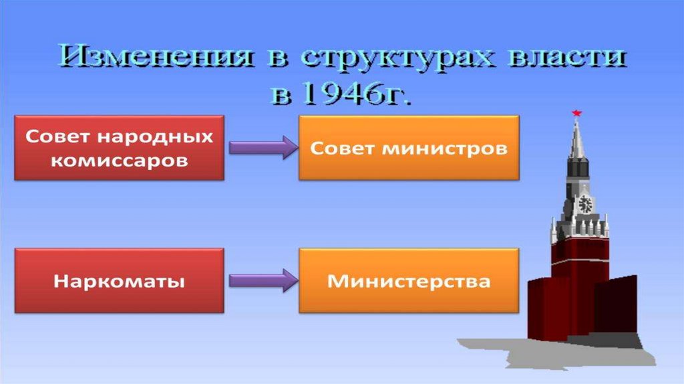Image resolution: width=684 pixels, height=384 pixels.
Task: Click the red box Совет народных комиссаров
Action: click(x=120, y=148)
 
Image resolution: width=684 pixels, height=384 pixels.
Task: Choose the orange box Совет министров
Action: click(x=408, y=148)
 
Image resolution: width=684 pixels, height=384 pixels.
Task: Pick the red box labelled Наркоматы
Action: click(x=120, y=280)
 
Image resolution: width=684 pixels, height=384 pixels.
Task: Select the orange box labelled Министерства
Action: click(x=408, y=280)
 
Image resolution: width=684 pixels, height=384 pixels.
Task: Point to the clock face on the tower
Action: click(x=585, y=203)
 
